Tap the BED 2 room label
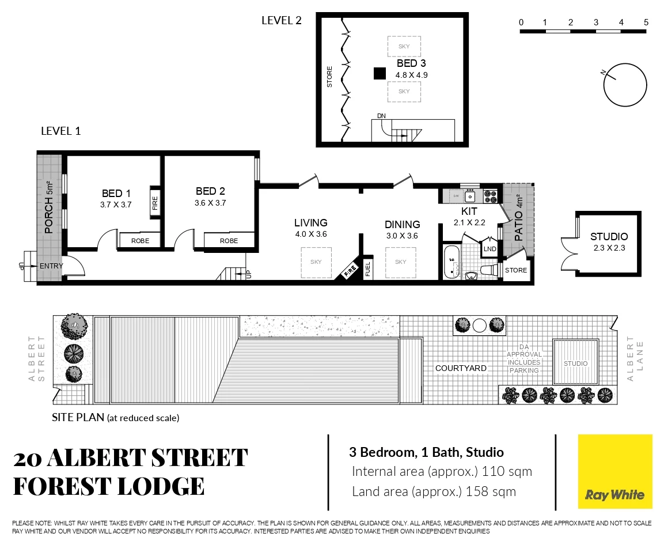tap(210, 191)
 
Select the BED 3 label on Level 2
tap(411, 63)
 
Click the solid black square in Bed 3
tap(379, 73)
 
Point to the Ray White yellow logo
tap(615, 472)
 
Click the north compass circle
tap(624, 84)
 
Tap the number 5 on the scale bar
tap(646, 22)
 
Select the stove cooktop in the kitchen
tap(490, 196)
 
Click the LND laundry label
tap(490, 249)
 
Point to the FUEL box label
tap(369, 269)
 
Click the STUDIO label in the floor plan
tap(609, 237)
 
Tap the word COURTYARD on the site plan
tap(461, 368)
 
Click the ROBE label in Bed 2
tap(229, 241)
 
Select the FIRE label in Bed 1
tap(154, 202)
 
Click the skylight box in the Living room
tap(316, 262)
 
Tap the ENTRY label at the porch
tap(51, 266)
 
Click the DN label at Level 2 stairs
tap(381, 116)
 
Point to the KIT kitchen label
tap(469, 211)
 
